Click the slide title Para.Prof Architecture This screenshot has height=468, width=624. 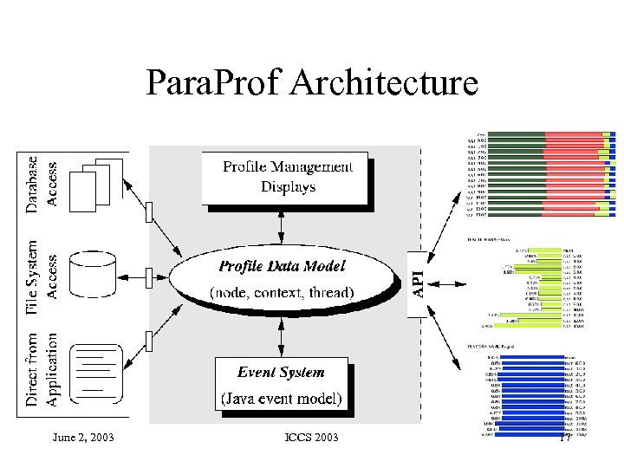click(312, 84)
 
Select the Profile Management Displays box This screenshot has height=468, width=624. click(287, 178)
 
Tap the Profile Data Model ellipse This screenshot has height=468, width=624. click(283, 278)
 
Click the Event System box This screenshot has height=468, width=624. click(282, 385)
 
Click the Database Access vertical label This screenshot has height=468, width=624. click(42, 183)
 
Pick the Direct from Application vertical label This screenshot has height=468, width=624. click(42, 368)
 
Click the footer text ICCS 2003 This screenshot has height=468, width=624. click(311, 437)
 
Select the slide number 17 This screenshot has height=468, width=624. click(563, 437)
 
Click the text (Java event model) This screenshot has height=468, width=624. click(282, 400)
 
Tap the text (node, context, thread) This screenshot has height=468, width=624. click(283, 293)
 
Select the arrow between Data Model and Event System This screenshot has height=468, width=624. click(282, 332)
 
